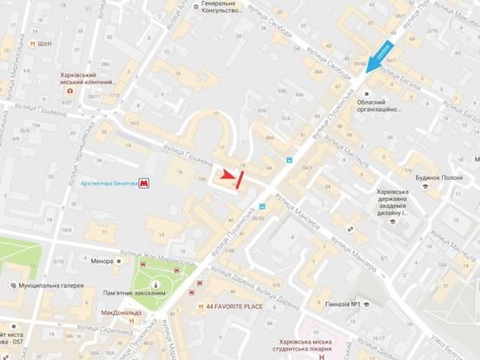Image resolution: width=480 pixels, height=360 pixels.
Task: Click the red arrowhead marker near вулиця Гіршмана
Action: [228, 176]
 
